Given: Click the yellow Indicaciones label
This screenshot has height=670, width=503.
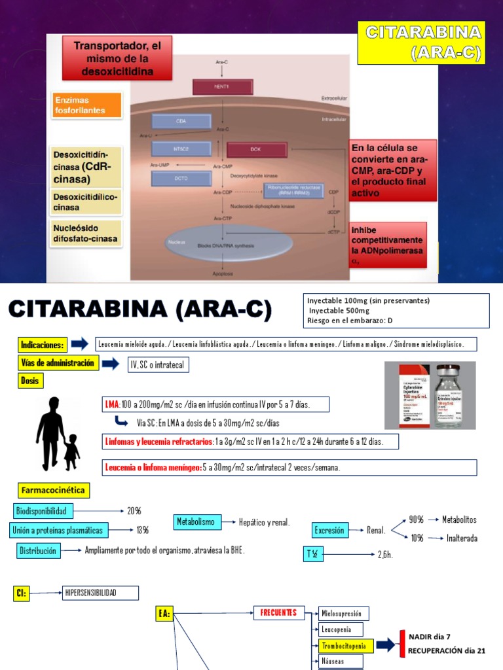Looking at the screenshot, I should tap(43, 344).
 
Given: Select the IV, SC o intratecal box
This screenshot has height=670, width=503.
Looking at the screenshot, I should tap(158, 364).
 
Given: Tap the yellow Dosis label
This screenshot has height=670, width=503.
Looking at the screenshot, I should tap(30, 380).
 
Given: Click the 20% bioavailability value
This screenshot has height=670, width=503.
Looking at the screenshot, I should tap(134, 510).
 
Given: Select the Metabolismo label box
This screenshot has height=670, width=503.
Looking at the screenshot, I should tap(195, 521).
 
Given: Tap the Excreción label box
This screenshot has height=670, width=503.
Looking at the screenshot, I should tap(329, 530).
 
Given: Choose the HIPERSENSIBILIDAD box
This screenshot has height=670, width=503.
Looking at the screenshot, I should tap(100, 593).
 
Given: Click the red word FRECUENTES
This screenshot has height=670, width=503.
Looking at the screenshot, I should tap(278, 613).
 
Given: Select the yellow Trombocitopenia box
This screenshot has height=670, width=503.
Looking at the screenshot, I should tap(346, 646).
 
